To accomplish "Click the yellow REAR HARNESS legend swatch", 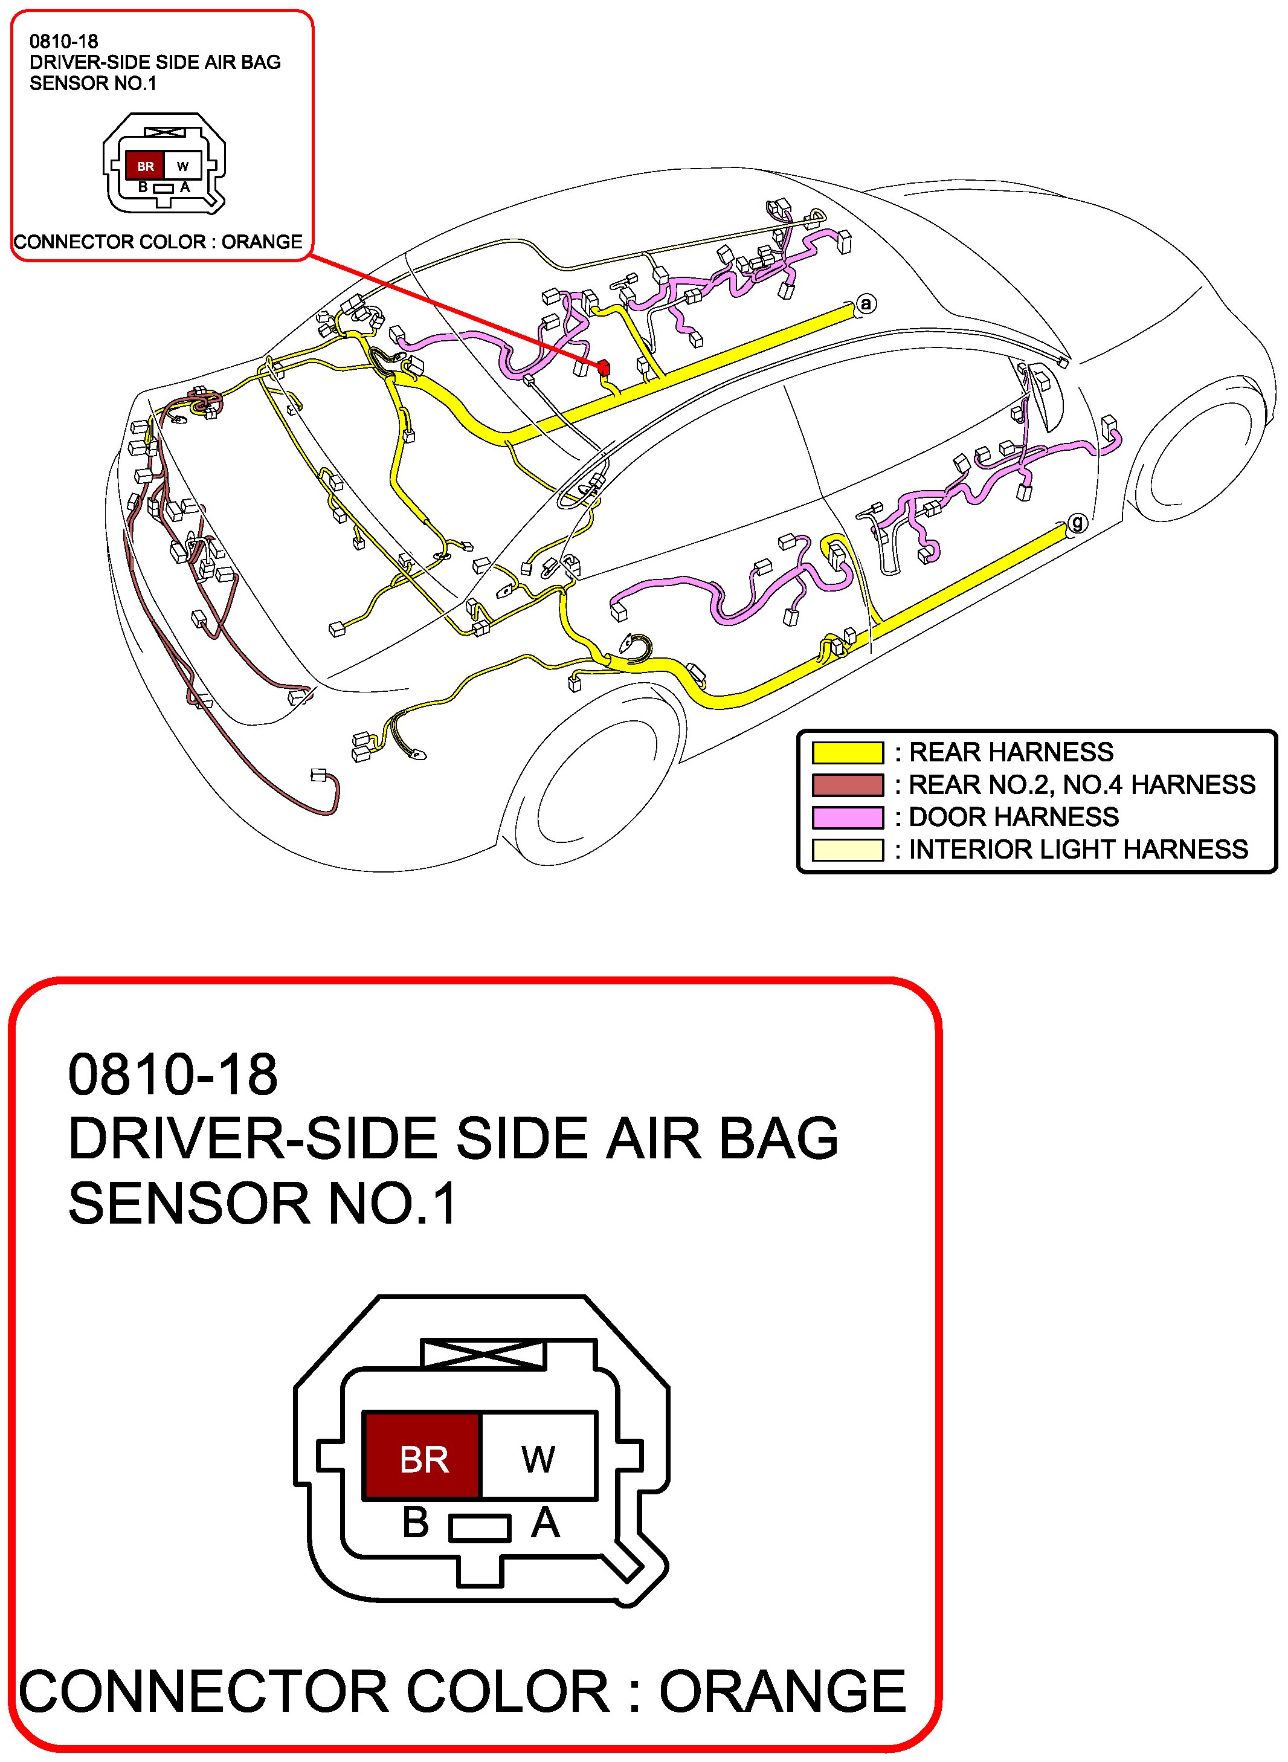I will pyautogui.click(x=847, y=752).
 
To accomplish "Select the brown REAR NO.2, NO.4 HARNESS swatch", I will pyautogui.click(x=847, y=784).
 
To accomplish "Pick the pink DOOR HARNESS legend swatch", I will pyautogui.click(x=847, y=817).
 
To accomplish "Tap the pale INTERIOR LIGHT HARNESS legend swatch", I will pyautogui.click(x=847, y=849).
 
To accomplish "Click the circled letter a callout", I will pyautogui.click(x=866, y=303).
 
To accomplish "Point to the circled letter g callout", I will pyautogui.click(x=1077, y=522).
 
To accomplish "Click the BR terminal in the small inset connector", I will pyautogui.click(x=145, y=166).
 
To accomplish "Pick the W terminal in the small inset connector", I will pyautogui.click(x=182, y=166).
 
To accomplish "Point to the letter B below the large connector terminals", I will pyautogui.click(x=416, y=1522).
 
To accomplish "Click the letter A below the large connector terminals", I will pyautogui.click(x=545, y=1522).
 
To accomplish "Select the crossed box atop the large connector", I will pyautogui.click(x=483, y=1354).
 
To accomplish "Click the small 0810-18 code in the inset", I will pyautogui.click(x=64, y=41).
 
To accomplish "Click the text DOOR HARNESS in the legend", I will pyautogui.click(x=1014, y=817).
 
